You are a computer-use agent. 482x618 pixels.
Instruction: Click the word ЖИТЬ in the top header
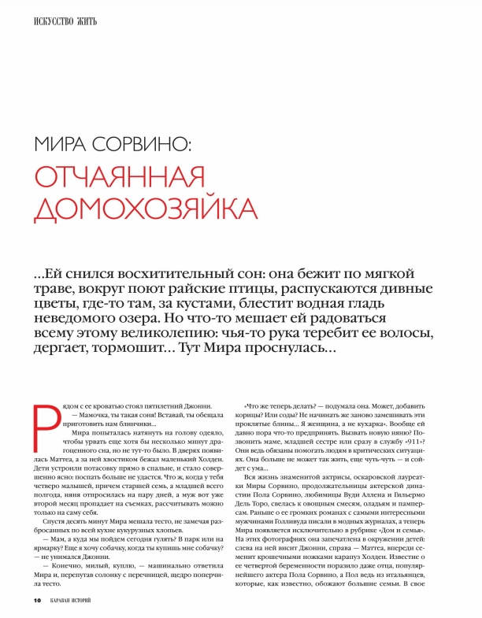pyautogui.click(x=85, y=21)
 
